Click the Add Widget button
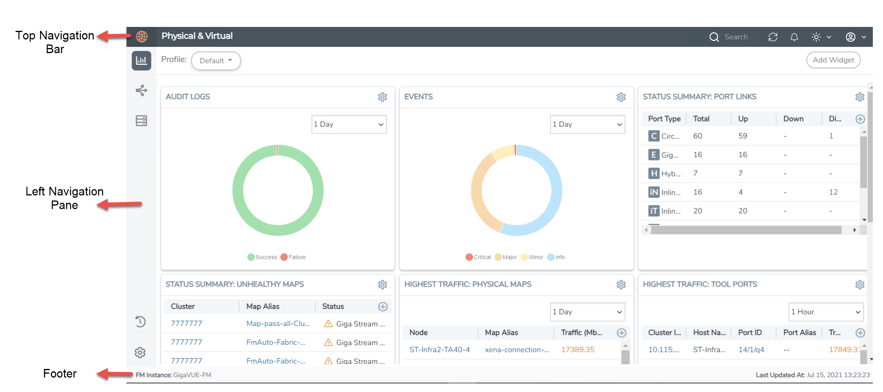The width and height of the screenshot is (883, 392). (833, 60)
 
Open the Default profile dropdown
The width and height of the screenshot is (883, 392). (216, 61)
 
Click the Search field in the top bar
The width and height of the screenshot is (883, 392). (736, 37)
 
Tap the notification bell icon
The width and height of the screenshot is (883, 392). (794, 37)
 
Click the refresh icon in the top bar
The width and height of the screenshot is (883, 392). (772, 37)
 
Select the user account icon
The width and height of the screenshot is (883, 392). (850, 37)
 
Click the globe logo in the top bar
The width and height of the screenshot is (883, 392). (141, 37)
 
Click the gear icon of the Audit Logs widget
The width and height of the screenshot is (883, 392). (382, 97)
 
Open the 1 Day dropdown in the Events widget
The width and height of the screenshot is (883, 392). (587, 125)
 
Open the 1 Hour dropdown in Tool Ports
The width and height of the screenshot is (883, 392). (826, 312)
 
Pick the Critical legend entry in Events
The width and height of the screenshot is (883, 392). (478, 257)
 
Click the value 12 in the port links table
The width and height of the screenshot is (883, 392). (833, 192)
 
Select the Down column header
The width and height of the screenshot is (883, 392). (793, 119)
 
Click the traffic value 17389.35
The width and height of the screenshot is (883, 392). (577, 349)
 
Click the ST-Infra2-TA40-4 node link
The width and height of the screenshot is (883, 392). (440, 349)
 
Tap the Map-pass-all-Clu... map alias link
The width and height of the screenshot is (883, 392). (278, 324)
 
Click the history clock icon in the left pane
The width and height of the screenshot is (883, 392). (141, 321)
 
